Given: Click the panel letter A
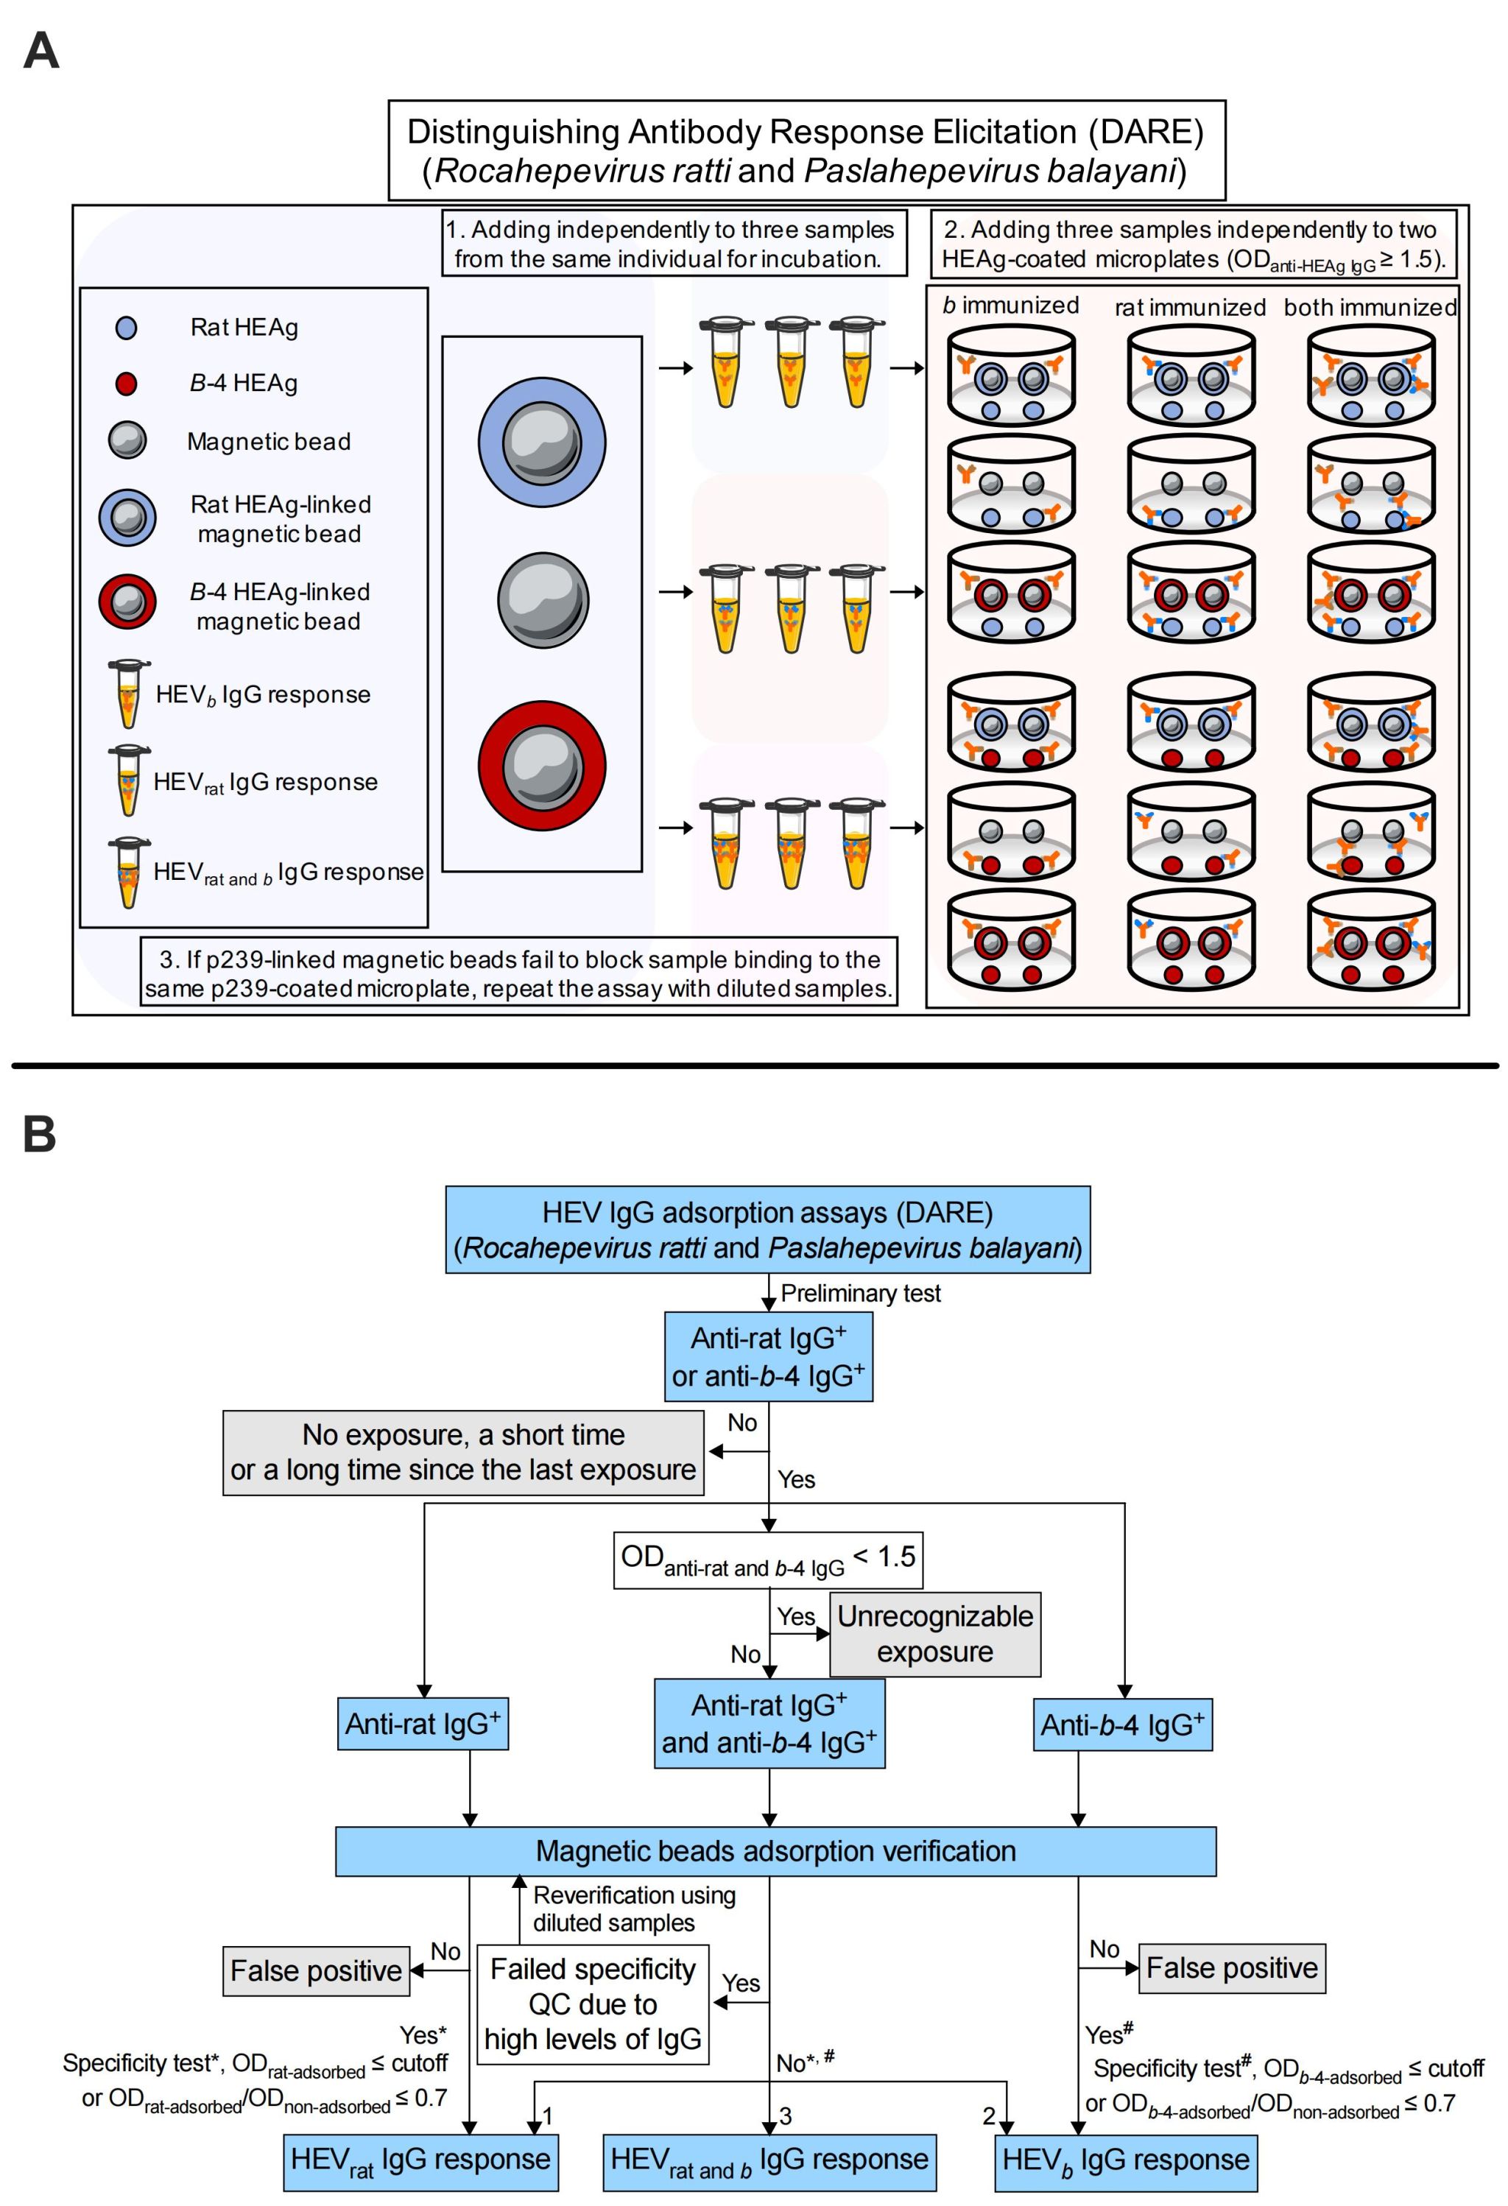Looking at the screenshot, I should click(40, 52).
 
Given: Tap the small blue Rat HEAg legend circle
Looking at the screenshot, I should click(126, 328).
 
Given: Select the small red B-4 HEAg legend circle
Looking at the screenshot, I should click(126, 384).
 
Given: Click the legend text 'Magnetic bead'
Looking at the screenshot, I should click(269, 441).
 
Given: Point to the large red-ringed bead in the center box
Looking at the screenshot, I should click(542, 766).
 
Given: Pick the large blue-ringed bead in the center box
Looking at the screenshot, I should click(542, 443).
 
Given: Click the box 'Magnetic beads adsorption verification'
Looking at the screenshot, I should click(775, 1850).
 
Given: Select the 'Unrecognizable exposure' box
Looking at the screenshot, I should click(935, 1634).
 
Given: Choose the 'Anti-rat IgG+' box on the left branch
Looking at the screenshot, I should click(423, 1724).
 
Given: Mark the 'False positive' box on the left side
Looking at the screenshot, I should click(316, 1970).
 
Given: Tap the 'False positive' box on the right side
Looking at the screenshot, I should click(1231, 1967).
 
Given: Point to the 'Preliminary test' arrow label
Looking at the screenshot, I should click(860, 1293).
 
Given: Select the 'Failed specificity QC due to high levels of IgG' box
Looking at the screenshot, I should click(593, 2004).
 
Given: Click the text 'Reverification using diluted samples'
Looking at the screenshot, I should click(633, 1909).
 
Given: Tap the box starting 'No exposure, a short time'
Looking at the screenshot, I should click(463, 1452).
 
